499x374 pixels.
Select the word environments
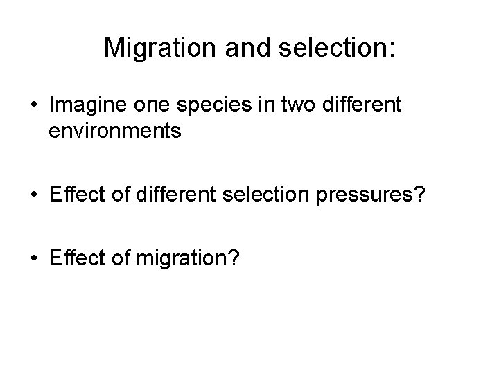(115, 132)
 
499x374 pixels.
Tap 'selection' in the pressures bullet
(260, 196)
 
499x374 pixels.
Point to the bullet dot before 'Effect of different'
(33, 197)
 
